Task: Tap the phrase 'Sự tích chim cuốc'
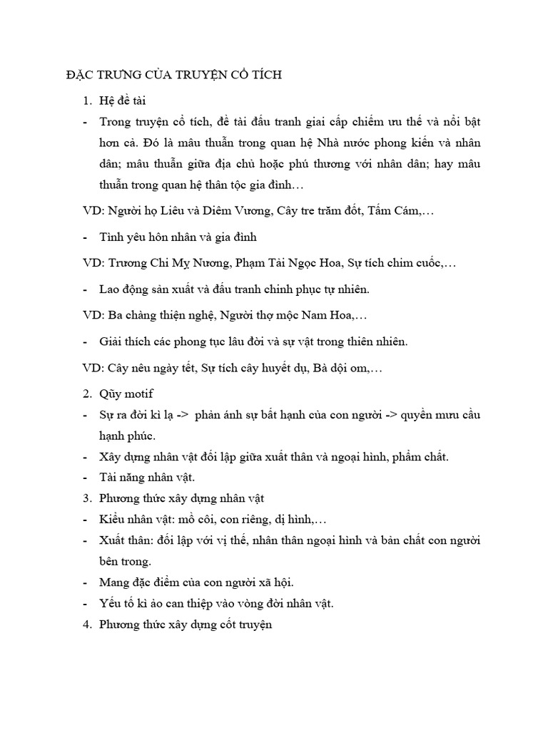tap(395, 263)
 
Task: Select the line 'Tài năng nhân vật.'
tap(138, 477)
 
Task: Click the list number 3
tap(87, 498)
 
